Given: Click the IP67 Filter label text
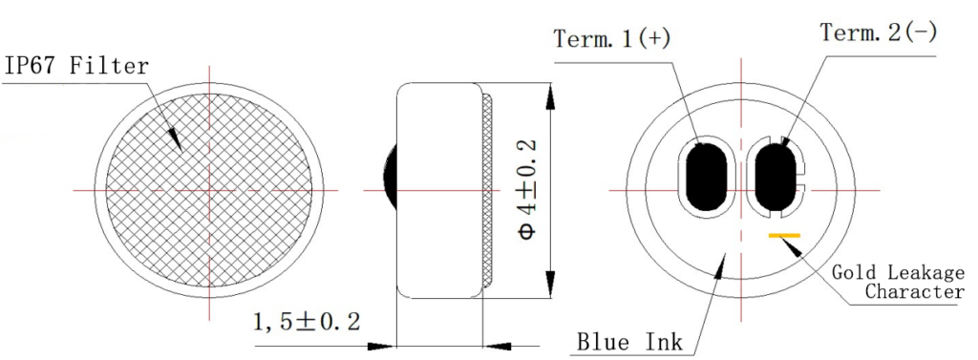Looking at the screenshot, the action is (77, 66).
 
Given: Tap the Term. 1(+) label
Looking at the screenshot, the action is (612, 39).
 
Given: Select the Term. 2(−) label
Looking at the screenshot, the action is (879, 32).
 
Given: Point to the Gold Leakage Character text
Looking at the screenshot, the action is (898, 282).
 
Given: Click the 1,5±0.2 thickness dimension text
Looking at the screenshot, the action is (307, 322).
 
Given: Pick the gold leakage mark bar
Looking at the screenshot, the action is (784, 235).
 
